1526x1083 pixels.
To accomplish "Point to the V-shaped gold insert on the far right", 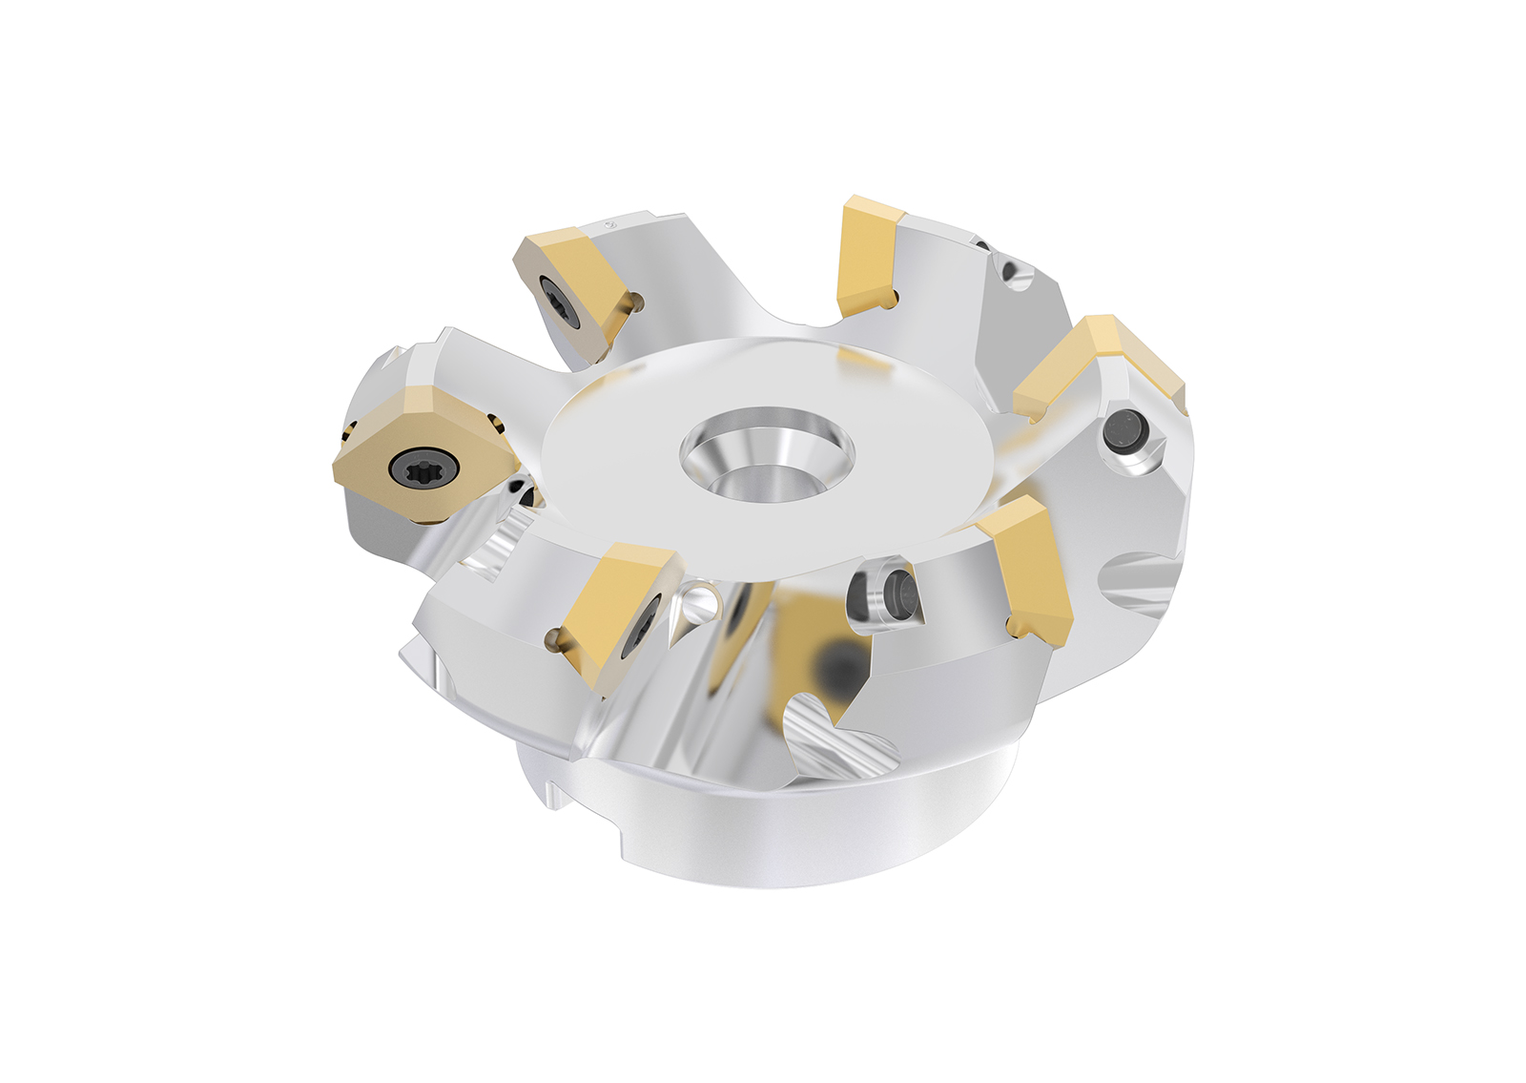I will click(x=1097, y=366).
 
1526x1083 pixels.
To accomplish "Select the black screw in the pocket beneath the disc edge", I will click(x=897, y=594).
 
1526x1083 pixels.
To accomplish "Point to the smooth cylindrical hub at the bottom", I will click(x=763, y=830).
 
